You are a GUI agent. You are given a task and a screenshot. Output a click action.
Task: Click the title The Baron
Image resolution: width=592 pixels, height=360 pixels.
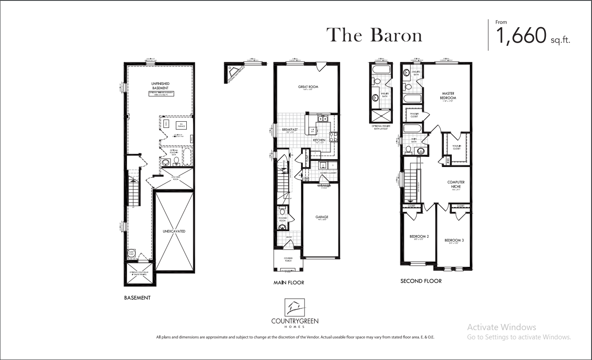point(374,35)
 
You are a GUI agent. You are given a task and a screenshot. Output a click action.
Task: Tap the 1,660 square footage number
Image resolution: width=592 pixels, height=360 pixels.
point(521,36)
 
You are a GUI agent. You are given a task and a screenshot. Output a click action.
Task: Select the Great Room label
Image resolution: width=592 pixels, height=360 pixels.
point(308,87)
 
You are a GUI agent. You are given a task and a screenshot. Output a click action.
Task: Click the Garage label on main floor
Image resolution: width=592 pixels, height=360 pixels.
point(322,217)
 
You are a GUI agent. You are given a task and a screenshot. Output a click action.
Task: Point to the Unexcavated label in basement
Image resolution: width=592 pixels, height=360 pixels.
point(174,231)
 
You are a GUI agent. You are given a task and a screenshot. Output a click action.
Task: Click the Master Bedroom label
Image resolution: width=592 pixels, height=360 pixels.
point(448,96)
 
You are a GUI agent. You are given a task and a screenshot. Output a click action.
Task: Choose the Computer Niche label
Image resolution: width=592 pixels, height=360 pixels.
point(456,185)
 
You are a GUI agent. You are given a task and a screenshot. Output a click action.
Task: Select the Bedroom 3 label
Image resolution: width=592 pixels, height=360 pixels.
point(454,240)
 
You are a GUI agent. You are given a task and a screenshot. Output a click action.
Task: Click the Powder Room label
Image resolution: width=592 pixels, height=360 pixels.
point(283,219)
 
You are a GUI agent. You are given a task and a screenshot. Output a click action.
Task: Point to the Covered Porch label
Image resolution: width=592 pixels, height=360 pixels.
point(288,259)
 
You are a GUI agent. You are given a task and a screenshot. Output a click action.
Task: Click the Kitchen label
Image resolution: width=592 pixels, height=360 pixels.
point(319,140)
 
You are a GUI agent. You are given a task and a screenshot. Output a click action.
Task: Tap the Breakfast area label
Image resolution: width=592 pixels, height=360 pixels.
point(290,130)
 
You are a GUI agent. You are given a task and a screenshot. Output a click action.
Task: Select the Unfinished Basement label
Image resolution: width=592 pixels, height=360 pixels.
point(160,86)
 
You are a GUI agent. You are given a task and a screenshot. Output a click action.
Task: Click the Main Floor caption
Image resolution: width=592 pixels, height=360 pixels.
point(288,283)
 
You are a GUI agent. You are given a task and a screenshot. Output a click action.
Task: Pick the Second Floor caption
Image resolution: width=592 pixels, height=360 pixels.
point(421,280)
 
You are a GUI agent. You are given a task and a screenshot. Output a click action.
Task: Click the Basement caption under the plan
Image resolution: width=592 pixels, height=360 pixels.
point(137,298)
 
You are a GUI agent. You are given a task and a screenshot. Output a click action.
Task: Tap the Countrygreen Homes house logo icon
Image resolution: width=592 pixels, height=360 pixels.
point(294,306)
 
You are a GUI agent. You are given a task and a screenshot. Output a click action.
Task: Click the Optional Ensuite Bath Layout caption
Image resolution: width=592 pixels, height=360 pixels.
point(382,127)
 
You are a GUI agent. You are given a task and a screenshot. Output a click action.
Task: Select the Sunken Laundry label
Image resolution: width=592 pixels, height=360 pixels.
point(328,173)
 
